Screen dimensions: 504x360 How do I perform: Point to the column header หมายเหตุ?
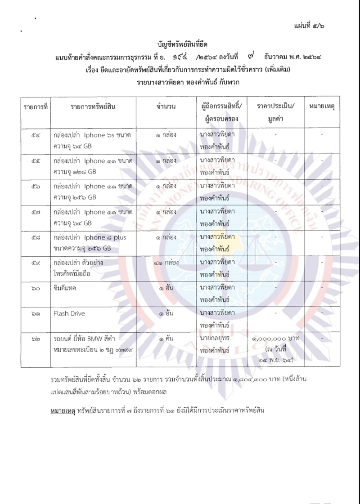(x=323, y=107)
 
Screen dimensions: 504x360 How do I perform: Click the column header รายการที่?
(x=36, y=107)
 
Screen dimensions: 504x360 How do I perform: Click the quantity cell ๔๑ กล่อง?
(x=166, y=262)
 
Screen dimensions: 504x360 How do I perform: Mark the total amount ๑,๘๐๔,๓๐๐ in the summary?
(x=250, y=381)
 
